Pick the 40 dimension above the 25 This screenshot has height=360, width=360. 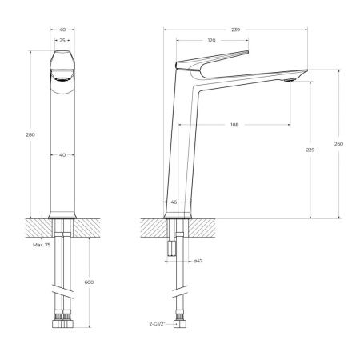(62, 28)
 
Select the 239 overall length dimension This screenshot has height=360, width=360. (235, 28)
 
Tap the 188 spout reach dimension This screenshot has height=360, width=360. (234, 124)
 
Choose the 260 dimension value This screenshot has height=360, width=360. (338, 143)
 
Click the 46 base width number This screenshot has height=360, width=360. (174, 202)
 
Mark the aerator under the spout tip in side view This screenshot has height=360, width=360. (290, 78)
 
